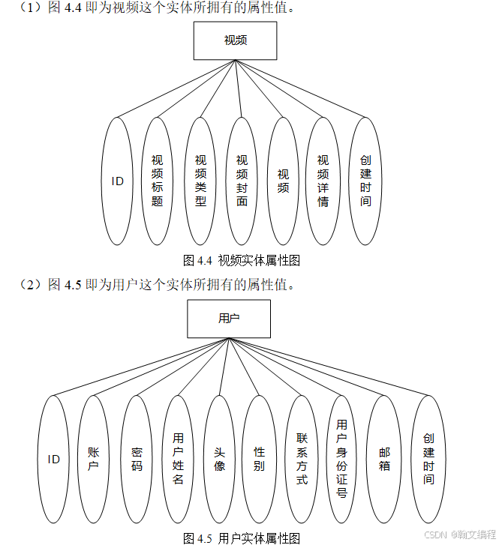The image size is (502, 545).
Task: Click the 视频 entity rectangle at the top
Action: click(235, 40)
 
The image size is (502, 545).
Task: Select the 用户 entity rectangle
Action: click(228, 318)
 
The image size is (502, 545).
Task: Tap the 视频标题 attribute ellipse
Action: click(158, 181)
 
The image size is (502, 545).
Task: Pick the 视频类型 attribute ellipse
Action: click(200, 181)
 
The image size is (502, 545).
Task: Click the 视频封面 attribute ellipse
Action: click(242, 181)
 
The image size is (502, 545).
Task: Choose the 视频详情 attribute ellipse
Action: click(323, 181)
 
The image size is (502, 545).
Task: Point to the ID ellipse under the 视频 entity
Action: click(118, 181)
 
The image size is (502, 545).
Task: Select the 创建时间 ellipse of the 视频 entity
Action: click(365, 181)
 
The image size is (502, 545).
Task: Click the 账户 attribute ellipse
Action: click(93, 459)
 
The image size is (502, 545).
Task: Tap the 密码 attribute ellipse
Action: click(137, 459)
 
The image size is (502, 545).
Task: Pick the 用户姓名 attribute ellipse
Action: click(178, 459)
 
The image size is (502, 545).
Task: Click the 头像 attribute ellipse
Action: click(219, 459)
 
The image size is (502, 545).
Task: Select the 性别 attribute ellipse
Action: click(259, 459)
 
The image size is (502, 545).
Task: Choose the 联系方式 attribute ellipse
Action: click(302, 459)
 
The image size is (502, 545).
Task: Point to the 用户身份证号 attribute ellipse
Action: click(342, 459)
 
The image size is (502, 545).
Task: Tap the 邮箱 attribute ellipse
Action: click(384, 459)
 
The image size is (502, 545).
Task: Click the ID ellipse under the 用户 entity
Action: click(53, 459)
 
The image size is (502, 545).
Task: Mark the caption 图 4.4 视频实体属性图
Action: click(242, 261)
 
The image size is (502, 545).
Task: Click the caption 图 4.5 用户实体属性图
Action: click(242, 538)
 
